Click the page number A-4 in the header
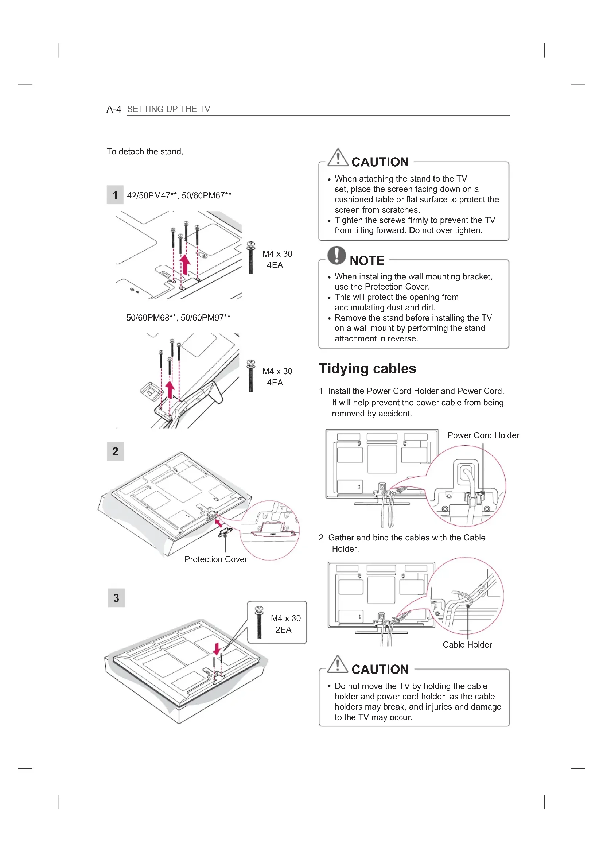click(x=114, y=109)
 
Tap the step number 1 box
click(x=115, y=195)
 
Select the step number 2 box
click(x=116, y=451)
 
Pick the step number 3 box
click(x=116, y=597)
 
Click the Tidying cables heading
click(x=367, y=368)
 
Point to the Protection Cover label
click(x=216, y=559)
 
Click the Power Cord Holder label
click(x=483, y=435)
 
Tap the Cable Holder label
click(x=467, y=644)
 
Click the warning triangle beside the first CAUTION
click(x=338, y=158)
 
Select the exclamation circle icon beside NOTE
click(x=336, y=255)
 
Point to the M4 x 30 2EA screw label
click(x=285, y=624)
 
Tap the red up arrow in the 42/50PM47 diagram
click(x=185, y=264)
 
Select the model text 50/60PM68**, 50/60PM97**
click(x=178, y=318)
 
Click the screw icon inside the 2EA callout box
click(x=259, y=621)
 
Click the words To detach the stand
click(x=145, y=152)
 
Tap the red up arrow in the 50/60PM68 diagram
click(x=170, y=390)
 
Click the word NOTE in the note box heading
click(x=367, y=261)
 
